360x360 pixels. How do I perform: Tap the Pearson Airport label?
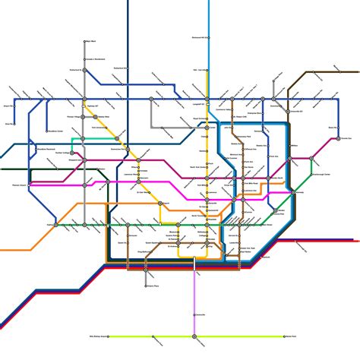(20, 184)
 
